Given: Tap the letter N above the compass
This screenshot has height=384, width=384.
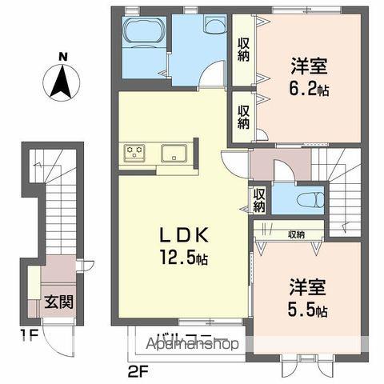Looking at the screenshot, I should [62, 57].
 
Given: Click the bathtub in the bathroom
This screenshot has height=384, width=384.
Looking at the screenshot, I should [144, 34].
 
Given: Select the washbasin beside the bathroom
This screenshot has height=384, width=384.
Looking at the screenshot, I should [214, 25].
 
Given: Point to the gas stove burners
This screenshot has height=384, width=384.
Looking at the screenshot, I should [133, 150].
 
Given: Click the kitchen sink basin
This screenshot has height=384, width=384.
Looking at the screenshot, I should [173, 152].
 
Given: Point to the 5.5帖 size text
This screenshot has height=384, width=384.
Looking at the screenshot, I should [307, 310].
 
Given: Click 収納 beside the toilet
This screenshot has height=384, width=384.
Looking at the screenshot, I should [258, 199].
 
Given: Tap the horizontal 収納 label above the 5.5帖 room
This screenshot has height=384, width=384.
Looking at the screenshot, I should [294, 234].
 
